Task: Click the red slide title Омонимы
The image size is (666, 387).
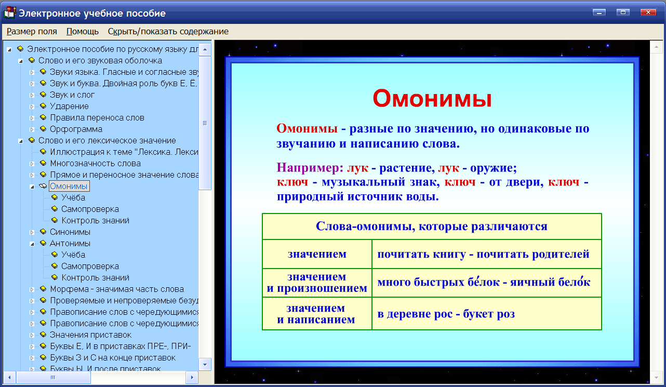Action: pos(432,99)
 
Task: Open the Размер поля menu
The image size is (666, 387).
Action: pos(32,31)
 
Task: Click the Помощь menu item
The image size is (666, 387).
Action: pos(83,31)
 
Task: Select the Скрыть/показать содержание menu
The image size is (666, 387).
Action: pos(168,31)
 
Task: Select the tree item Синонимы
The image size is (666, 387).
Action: pos(70,232)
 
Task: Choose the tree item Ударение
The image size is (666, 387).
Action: pos(69,106)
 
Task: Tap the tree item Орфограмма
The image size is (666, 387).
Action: pos(76,129)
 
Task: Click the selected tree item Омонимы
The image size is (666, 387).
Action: pos(69,186)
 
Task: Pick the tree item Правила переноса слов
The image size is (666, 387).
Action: pos(97,117)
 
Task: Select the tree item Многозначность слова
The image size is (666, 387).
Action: pos(95,163)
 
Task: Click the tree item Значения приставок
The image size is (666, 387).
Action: pos(90,335)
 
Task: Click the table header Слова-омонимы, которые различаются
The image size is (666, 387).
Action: pos(431,226)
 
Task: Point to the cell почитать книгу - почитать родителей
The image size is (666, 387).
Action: pos(483,255)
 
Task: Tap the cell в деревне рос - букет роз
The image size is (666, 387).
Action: pos(446,314)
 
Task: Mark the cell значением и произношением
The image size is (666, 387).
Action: pos(317,283)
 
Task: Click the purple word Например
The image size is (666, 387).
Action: pos(310,168)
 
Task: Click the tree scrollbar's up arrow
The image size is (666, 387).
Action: pos(205,49)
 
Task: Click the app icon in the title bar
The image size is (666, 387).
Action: pos(9,12)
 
